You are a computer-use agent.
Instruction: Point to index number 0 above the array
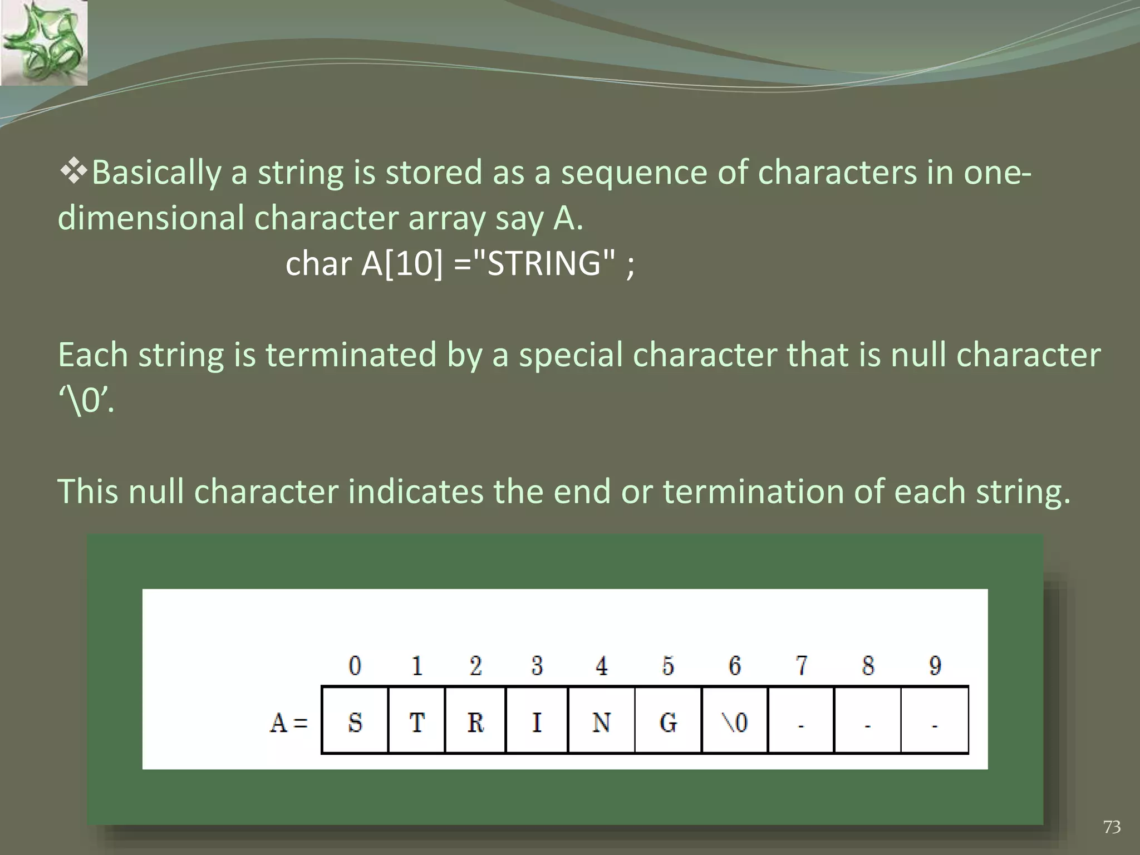(x=355, y=665)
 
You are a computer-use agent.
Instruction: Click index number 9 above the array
(x=935, y=665)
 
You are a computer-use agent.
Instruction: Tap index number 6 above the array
(x=735, y=665)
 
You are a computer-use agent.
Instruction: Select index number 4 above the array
(x=601, y=665)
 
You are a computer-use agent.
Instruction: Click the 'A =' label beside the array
(x=288, y=723)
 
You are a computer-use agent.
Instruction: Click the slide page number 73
(x=1112, y=827)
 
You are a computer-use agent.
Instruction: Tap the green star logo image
(x=43, y=43)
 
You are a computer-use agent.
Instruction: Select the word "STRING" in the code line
(x=544, y=263)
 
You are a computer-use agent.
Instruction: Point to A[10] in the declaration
(x=402, y=263)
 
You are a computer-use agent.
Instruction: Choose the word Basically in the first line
(x=156, y=173)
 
